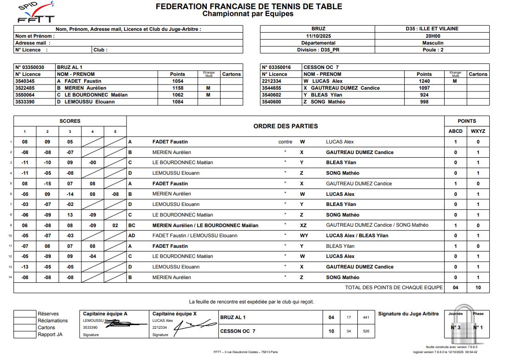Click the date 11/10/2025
click(318, 36)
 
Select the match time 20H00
click(433, 36)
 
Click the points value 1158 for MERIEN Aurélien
click(177, 88)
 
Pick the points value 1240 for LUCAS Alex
click(424, 81)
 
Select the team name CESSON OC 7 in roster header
click(321, 67)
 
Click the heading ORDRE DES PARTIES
click(286, 126)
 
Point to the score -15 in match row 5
click(47, 183)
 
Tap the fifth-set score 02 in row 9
click(115, 225)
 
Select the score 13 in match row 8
click(70, 215)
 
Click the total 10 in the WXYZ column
click(478, 287)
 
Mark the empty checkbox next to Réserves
click(24, 314)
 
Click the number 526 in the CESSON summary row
click(366, 331)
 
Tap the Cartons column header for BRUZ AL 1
click(231, 74)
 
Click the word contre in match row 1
click(285, 142)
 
